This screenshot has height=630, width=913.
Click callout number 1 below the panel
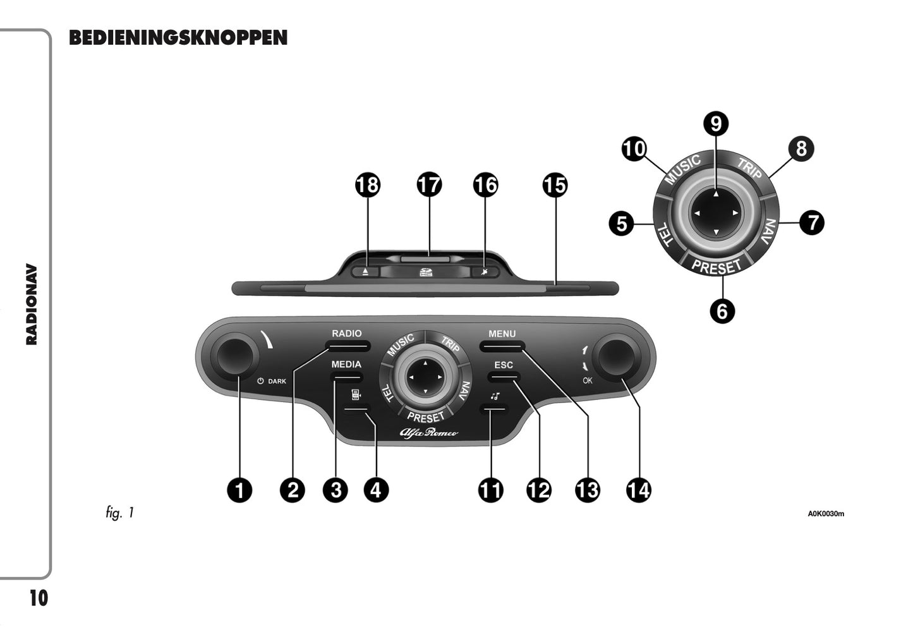coord(239,490)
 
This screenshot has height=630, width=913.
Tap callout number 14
coord(638,490)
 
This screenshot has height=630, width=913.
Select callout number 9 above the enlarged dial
coord(716,123)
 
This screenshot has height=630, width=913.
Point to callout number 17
coord(429,185)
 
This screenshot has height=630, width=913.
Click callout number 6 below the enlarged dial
coord(722,311)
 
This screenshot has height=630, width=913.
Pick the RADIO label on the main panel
coord(347,334)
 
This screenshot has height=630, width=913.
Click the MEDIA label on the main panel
coord(346,365)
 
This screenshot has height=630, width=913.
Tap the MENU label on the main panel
coord(502,334)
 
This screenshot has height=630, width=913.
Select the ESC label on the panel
coord(504,365)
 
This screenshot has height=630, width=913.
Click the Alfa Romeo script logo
coord(428,433)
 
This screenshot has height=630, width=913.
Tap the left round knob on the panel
coord(234,355)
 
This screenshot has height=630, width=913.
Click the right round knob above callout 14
coord(617,356)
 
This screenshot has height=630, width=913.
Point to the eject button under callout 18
coord(366,272)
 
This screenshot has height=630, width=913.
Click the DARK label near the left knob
coord(277,382)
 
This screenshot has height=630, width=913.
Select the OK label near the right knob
coord(588,380)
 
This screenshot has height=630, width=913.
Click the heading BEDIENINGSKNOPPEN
coord(178,38)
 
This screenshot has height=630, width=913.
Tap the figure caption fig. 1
coord(120,512)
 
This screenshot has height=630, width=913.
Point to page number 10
coord(39,598)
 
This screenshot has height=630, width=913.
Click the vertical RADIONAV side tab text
coord(32,305)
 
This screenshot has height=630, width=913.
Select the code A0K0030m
coord(826,514)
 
